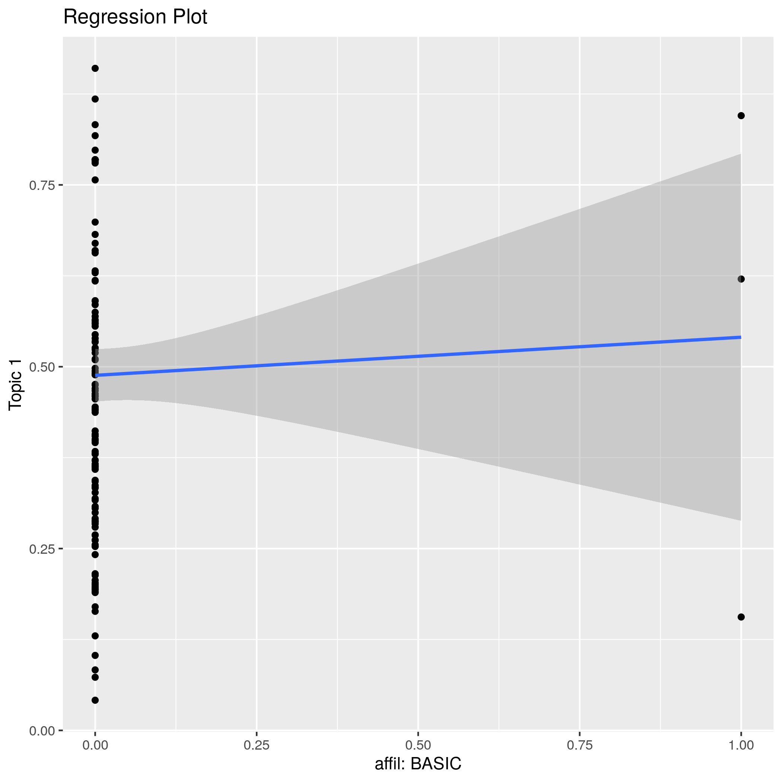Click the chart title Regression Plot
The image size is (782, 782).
click(x=135, y=18)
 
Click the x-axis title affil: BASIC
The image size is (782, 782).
click(x=418, y=764)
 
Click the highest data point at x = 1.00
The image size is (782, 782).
click(x=741, y=116)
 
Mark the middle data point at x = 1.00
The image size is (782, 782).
click(x=741, y=279)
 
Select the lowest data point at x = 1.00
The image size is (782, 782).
click(x=741, y=617)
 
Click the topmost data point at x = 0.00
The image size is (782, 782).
click(x=95, y=69)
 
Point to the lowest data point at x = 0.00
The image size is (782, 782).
click(x=95, y=700)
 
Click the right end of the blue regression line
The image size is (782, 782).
click(x=740, y=337)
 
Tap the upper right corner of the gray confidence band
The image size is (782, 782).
click(x=740, y=154)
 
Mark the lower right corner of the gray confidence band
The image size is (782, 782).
click(x=740, y=521)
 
